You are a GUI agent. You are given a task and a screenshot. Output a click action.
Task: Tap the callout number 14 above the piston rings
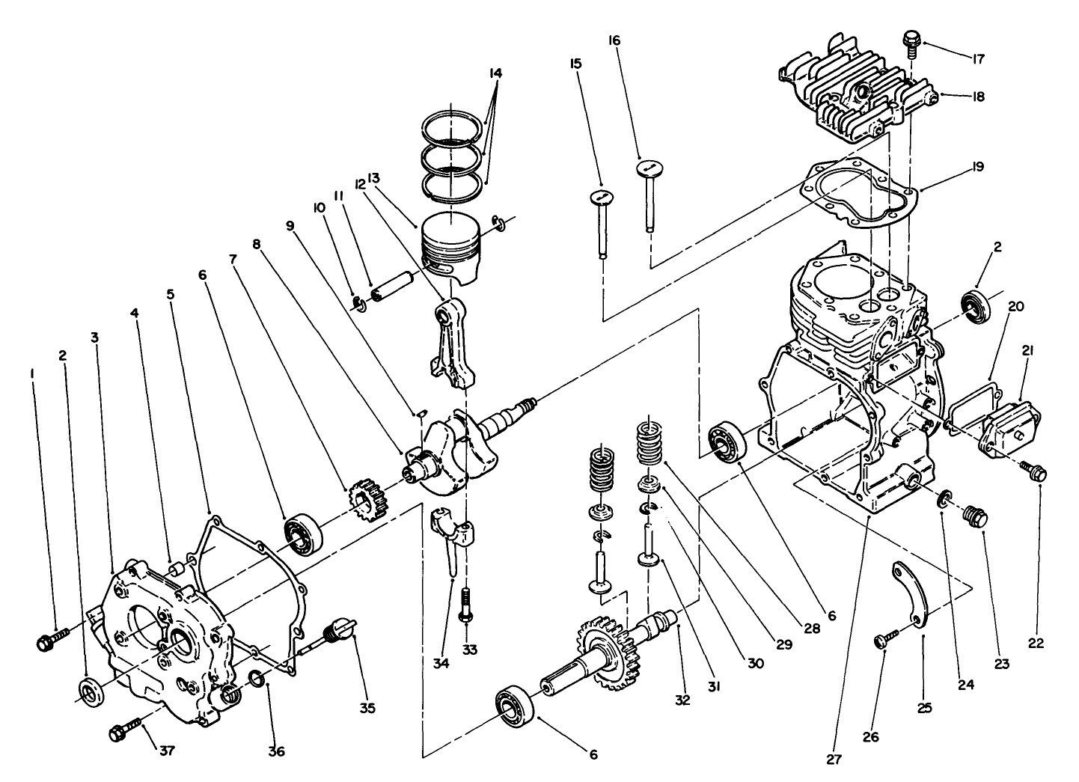(495, 73)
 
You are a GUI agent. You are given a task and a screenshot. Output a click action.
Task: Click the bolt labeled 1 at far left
(51, 640)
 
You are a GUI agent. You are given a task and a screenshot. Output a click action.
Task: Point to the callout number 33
(469, 650)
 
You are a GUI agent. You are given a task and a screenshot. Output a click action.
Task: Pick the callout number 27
(834, 760)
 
